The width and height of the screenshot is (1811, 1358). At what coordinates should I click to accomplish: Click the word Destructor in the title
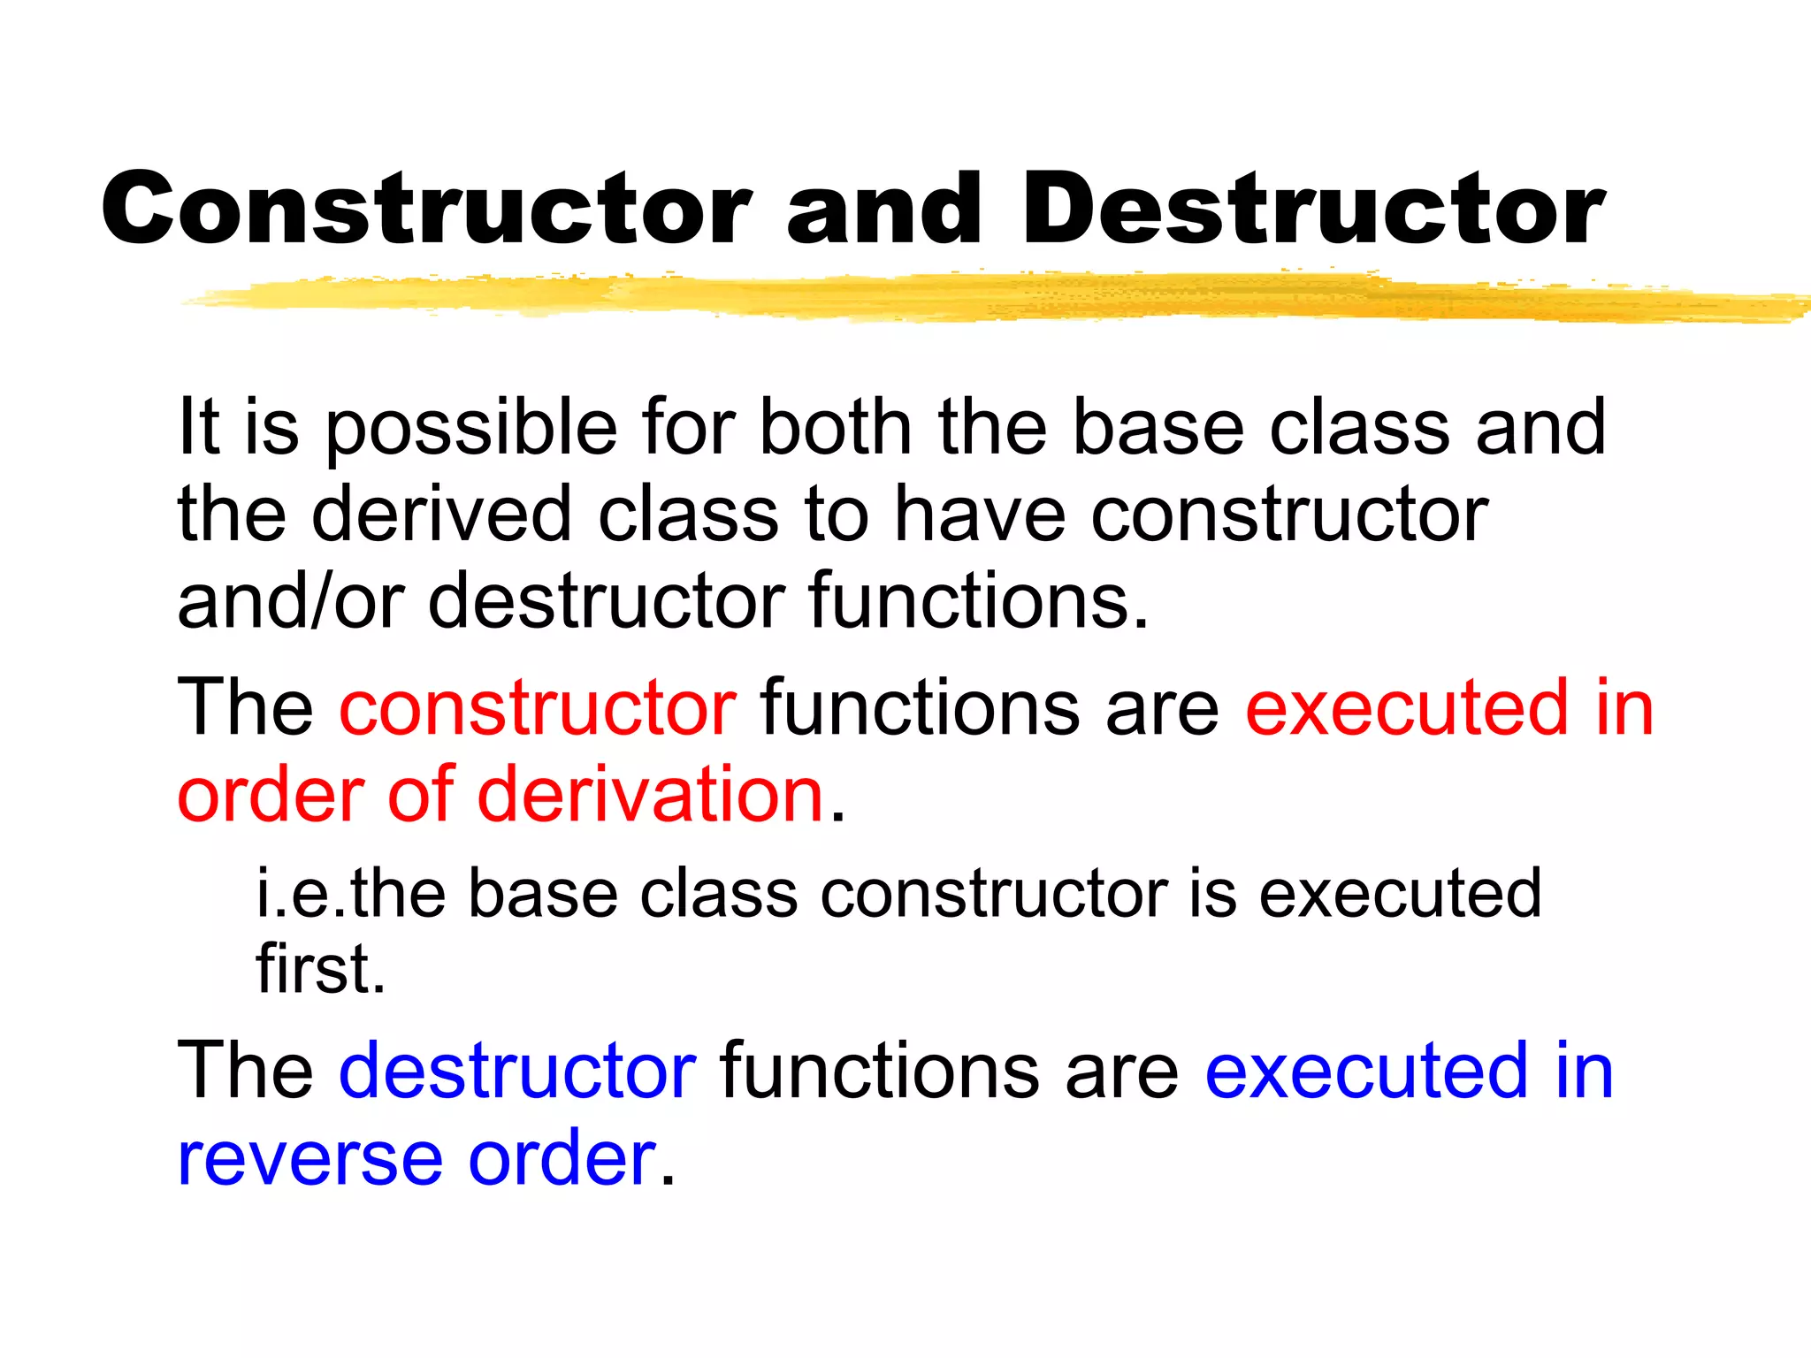(x=1314, y=209)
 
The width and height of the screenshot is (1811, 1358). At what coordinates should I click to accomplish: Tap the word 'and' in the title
(x=884, y=209)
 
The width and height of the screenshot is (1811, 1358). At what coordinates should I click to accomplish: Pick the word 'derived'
(x=441, y=515)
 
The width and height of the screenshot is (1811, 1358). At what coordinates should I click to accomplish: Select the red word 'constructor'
(x=538, y=708)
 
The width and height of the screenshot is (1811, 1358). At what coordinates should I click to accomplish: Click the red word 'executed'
(x=1405, y=708)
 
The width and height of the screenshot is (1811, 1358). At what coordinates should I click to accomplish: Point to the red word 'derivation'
(x=650, y=794)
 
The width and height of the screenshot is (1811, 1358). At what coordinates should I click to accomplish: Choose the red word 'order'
(x=271, y=794)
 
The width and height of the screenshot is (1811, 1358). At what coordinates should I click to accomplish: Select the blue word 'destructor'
(x=517, y=1071)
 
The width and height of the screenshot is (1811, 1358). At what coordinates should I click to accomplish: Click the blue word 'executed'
(x=1365, y=1071)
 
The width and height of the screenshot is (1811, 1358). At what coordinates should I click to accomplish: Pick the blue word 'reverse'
(x=309, y=1158)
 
